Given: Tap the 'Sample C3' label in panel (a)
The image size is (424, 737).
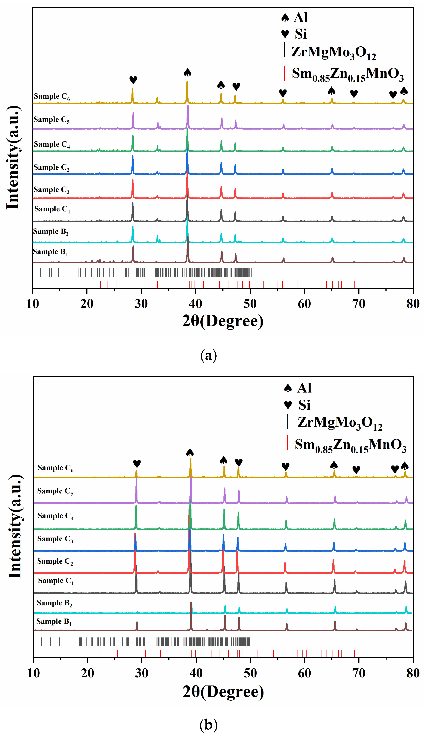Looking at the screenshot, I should point(51,168).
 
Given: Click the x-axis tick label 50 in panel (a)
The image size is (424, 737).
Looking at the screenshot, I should point(250,304).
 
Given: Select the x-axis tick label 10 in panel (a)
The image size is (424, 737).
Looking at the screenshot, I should point(32,304).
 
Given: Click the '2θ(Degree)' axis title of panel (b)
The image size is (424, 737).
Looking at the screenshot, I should point(223,692).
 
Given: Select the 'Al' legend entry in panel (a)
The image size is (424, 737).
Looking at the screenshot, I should point(301,17).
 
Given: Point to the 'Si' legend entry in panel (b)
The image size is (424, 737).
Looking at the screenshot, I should point(304,405).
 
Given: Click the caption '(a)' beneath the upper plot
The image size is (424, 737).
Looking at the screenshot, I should point(209,356).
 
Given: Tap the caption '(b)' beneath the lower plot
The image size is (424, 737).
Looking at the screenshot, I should point(209,725).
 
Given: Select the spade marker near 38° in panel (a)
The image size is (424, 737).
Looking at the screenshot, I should point(187,72).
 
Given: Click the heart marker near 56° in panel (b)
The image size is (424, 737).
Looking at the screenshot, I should point(286,466).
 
